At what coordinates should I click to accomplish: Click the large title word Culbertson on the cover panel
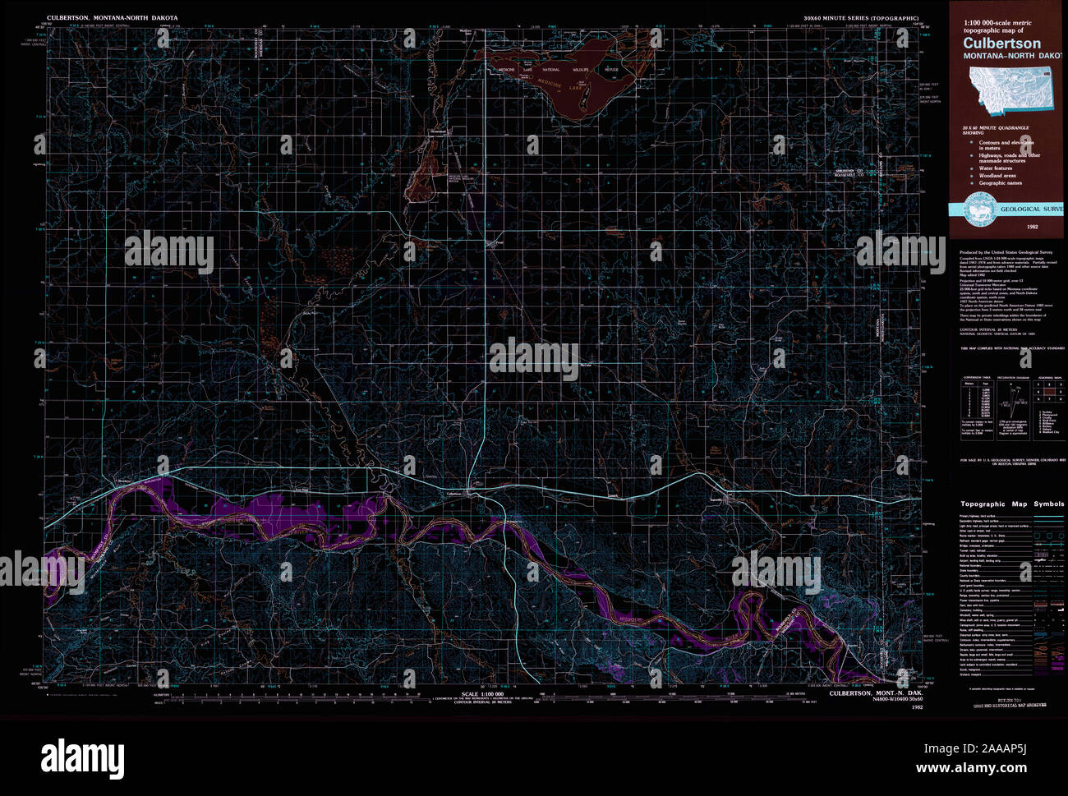(x=1001, y=44)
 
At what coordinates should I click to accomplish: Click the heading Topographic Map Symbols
(x=1012, y=504)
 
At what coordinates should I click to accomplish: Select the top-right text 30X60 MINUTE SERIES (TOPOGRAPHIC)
(x=861, y=17)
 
